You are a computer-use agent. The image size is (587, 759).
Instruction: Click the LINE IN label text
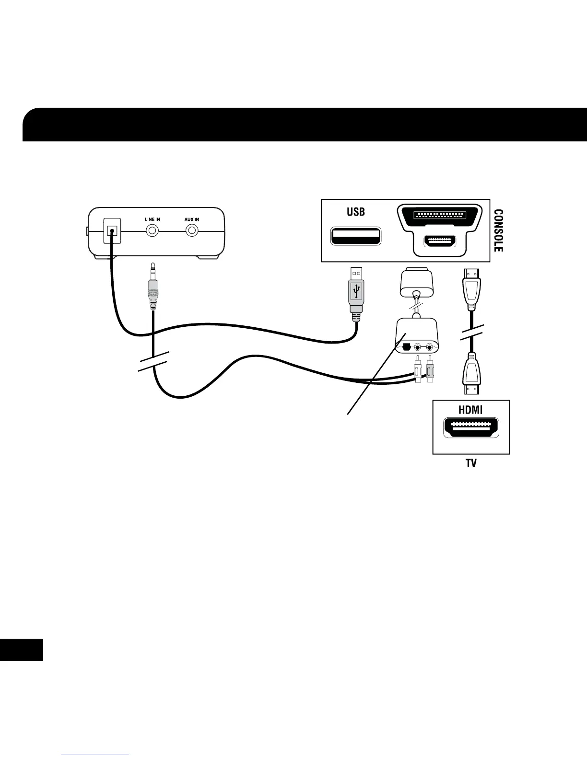pyautogui.click(x=153, y=219)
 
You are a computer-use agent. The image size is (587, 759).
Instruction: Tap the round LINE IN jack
pyautogui.click(x=153, y=230)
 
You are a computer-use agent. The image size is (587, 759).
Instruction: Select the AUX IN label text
pyautogui.click(x=192, y=219)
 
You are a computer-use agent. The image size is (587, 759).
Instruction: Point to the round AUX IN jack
pyautogui.click(x=192, y=230)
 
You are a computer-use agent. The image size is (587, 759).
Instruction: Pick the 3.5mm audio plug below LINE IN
pyautogui.click(x=153, y=288)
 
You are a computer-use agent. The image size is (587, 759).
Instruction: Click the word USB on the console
pyautogui.click(x=356, y=211)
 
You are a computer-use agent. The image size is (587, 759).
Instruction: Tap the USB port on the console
pyautogui.click(x=355, y=236)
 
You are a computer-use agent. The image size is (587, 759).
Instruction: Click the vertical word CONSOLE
pyautogui.click(x=498, y=230)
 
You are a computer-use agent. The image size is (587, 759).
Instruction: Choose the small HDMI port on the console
pyautogui.click(x=439, y=242)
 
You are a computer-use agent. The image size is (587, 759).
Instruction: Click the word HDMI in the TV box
pyautogui.click(x=470, y=410)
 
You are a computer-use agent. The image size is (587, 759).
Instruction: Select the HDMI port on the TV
pyautogui.click(x=471, y=428)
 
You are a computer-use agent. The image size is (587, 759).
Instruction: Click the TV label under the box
pyautogui.click(x=471, y=464)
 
